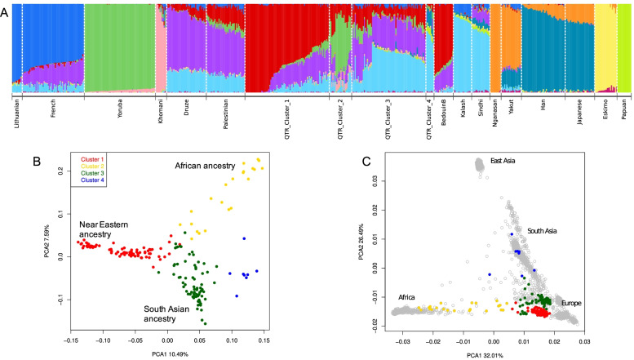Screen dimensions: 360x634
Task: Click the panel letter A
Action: pyautogui.click(x=7, y=8)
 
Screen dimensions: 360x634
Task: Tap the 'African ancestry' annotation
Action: pyautogui.click(x=205, y=166)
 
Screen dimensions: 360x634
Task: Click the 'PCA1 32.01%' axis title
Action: pyautogui.click(x=494, y=356)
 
